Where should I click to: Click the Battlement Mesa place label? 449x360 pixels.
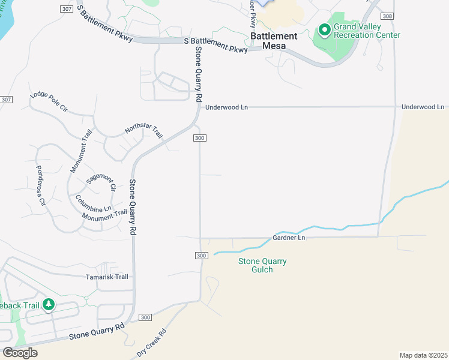click(274, 40)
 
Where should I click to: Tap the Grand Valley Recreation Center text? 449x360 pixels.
click(366, 31)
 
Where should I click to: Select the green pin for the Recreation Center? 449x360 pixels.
click(324, 29)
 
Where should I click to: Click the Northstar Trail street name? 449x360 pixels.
click(144, 131)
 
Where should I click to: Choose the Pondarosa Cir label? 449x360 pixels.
click(41, 185)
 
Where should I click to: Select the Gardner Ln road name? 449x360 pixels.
click(289, 238)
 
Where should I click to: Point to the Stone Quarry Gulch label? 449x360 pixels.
click(262, 265)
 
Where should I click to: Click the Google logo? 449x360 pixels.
click(19, 352)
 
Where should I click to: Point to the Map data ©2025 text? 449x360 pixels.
click(423, 355)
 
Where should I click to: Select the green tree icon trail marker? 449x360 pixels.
click(48, 305)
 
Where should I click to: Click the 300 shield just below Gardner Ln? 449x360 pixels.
click(201, 256)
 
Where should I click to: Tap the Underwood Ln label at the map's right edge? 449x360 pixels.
click(423, 107)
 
